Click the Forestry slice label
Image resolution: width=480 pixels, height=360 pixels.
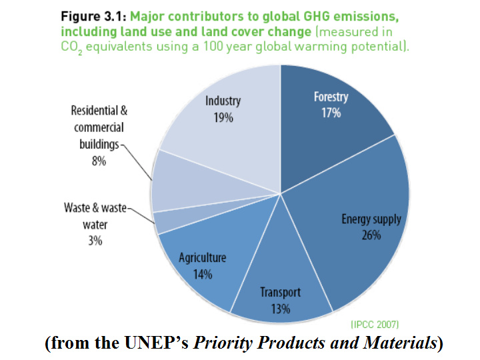[331, 97]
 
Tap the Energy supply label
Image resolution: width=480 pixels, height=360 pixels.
[371, 220]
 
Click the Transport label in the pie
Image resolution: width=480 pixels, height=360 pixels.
[280, 293]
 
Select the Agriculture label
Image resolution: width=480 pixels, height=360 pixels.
[203, 258]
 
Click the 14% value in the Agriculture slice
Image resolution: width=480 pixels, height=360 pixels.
[203, 273]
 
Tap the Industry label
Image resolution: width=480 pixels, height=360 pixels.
[223, 101]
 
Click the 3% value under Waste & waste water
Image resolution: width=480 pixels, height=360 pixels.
[95, 241]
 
